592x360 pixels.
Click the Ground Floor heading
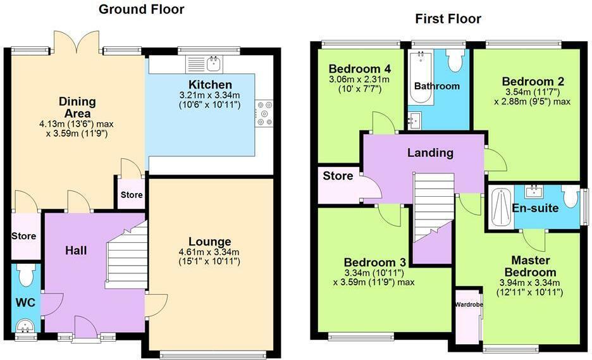[x=142, y=9]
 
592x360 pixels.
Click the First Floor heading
[x=448, y=18]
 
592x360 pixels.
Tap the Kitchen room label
[x=210, y=85]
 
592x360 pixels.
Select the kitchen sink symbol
[x=204, y=63]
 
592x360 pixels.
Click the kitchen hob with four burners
[x=264, y=113]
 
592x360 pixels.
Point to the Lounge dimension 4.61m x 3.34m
[x=209, y=252]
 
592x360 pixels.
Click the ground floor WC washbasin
[x=26, y=326]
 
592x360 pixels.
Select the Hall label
[x=76, y=251]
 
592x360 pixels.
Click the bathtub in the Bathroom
[x=419, y=78]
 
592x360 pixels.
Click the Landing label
[x=430, y=152]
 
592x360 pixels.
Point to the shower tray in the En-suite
[x=500, y=206]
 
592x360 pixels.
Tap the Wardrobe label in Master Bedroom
[x=469, y=304]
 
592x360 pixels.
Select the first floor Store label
[x=338, y=175]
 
